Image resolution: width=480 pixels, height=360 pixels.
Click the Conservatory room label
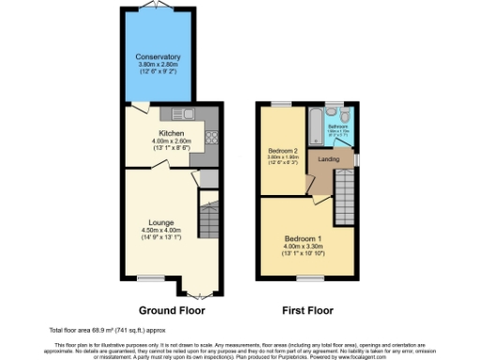click(157, 57)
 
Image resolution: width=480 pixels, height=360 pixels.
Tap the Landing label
click(329, 159)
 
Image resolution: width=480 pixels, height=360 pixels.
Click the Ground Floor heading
click(172, 309)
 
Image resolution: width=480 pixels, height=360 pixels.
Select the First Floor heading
click(308, 309)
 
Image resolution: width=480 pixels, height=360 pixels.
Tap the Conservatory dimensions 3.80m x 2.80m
click(157, 66)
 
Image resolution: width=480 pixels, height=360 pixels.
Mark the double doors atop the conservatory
click(157, 7)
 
